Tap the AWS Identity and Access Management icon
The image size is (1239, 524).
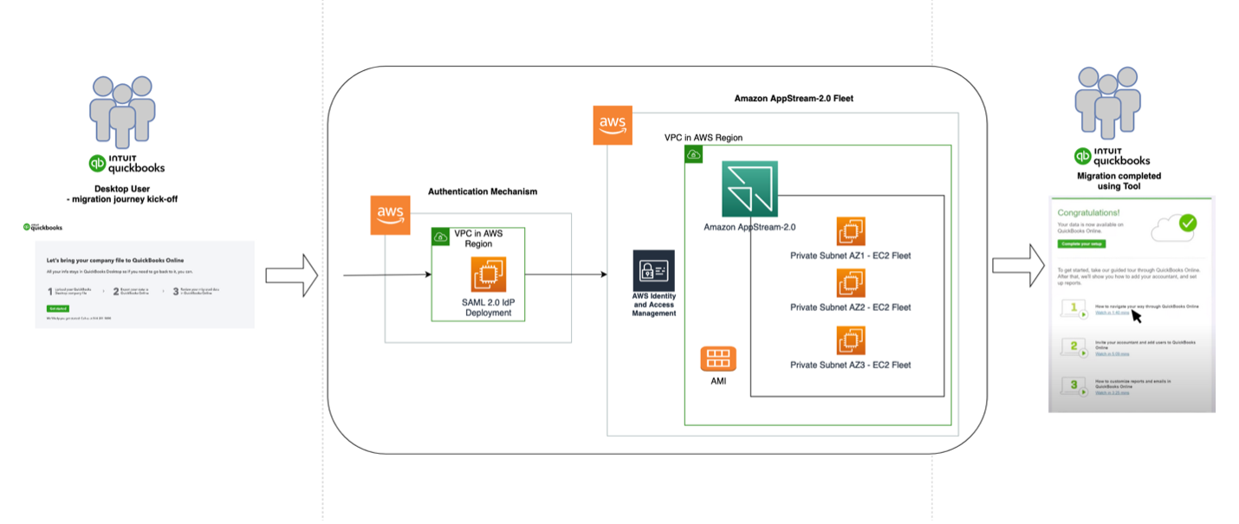(654, 271)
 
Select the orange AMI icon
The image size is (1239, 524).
(718, 359)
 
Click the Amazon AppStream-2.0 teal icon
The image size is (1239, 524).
(749, 189)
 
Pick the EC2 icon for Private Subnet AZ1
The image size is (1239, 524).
(851, 231)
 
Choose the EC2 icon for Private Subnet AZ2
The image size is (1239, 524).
(851, 283)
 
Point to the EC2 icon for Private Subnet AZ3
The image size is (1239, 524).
(851, 340)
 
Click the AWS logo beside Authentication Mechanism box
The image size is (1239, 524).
(390, 215)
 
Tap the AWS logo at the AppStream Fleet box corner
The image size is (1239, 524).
(613, 126)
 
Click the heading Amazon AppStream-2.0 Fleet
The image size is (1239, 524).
(794, 99)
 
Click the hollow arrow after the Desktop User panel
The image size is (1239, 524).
(291, 275)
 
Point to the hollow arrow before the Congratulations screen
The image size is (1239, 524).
(1018, 265)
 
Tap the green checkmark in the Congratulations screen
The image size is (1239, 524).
(1187, 223)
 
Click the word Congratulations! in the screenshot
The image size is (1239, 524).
(1088, 211)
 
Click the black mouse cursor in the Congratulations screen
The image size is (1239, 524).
(1136, 314)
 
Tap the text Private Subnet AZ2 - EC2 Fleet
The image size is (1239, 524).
(850, 307)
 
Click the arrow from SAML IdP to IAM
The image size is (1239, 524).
(566, 275)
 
